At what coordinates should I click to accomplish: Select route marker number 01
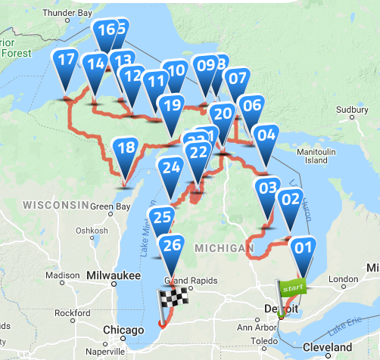[303, 247]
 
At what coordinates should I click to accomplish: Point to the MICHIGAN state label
[223, 248]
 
